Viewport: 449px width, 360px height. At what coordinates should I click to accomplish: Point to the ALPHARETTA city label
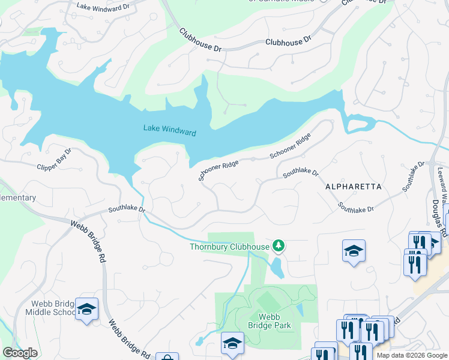353,187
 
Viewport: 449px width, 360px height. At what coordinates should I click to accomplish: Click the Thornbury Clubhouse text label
229,247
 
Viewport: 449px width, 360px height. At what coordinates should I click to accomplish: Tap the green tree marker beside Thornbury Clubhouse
278,245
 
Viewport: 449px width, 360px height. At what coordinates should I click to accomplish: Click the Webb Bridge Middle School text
50,308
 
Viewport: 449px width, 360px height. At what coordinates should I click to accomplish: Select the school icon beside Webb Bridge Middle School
87,310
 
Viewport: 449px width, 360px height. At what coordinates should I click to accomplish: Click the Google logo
20,353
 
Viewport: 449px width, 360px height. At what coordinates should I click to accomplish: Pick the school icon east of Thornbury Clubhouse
354,251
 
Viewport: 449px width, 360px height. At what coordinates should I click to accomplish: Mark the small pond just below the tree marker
277,268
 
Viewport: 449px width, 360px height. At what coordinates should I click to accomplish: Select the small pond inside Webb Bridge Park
299,310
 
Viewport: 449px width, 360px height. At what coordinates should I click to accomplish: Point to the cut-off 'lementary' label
18,197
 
